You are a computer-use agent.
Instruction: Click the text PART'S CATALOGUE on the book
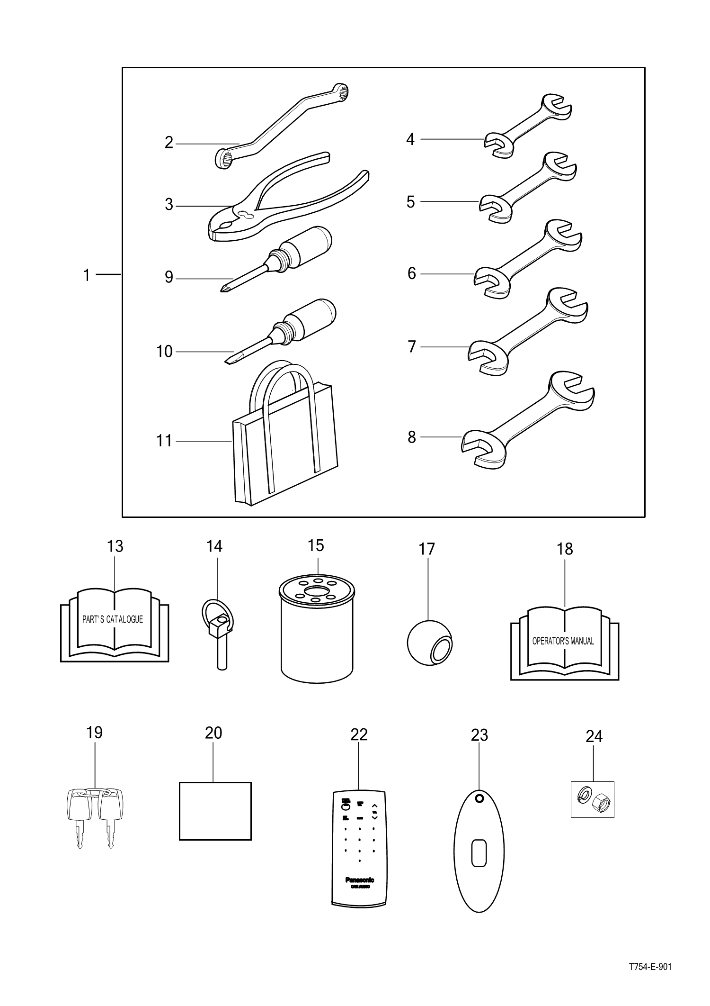click(113, 619)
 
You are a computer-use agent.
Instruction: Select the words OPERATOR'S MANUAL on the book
click(563, 641)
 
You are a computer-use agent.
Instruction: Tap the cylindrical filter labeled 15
click(317, 635)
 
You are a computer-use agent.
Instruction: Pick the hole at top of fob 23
click(479, 798)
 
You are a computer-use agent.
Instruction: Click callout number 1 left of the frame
click(86, 275)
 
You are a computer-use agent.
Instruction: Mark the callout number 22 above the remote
click(359, 734)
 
